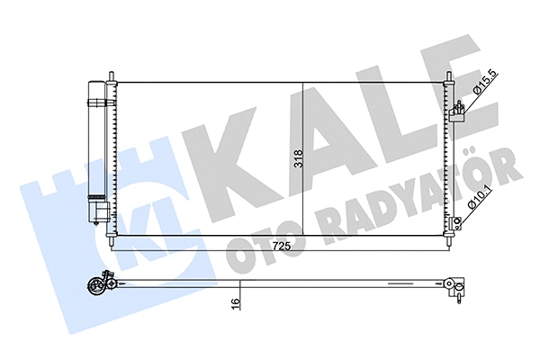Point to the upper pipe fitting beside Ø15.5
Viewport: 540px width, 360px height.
[x=458, y=111]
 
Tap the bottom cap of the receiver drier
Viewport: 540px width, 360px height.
[x=97, y=213]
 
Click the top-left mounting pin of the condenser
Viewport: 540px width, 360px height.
[x=112, y=75]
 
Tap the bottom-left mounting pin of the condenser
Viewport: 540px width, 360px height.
[x=112, y=243]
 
